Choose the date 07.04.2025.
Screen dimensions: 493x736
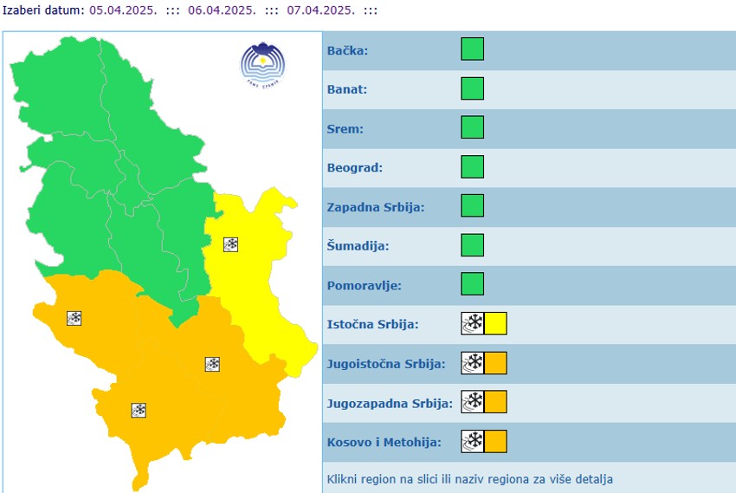pos(321,10)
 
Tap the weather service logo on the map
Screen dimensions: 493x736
pos(262,64)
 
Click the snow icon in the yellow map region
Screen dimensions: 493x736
pos(231,244)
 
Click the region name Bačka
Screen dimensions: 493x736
pos(347,51)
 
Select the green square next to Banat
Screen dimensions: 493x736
pos(472,88)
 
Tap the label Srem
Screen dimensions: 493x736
pos(345,129)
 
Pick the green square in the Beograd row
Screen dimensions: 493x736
pos(472,166)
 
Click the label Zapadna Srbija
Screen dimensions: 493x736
pos(375,207)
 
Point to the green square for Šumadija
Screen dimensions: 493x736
pos(472,245)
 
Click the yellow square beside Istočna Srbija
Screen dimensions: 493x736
pos(495,324)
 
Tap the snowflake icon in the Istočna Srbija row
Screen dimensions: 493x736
pos(473,324)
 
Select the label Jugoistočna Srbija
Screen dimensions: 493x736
pos(386,364)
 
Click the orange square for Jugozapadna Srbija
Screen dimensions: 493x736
pos(495,402)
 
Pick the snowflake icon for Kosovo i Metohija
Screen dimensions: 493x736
pos(473,441)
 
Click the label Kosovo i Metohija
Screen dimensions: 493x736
pos(384,442)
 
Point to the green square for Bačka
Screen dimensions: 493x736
pos(472,49)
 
